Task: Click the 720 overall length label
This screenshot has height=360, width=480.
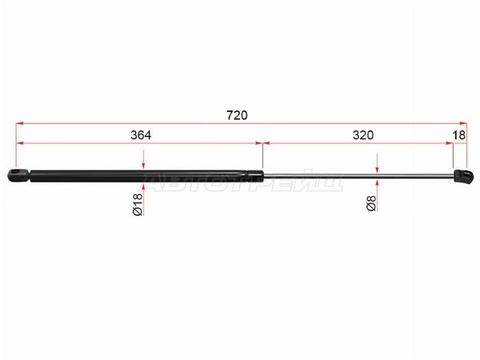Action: click(x=237, y=115)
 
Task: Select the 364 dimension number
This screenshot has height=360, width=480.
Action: click(x=141, y=135)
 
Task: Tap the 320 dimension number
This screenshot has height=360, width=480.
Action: click(x=363, y=135)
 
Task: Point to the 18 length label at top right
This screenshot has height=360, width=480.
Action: click(x=459, y=135)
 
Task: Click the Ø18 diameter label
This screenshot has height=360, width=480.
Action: click(x=138, y=204)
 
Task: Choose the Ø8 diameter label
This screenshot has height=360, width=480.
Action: click(x=370, y=203)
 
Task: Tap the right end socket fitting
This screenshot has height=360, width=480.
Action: click(x=463, y=176)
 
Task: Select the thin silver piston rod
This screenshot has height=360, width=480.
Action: click(x=358, y=175)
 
